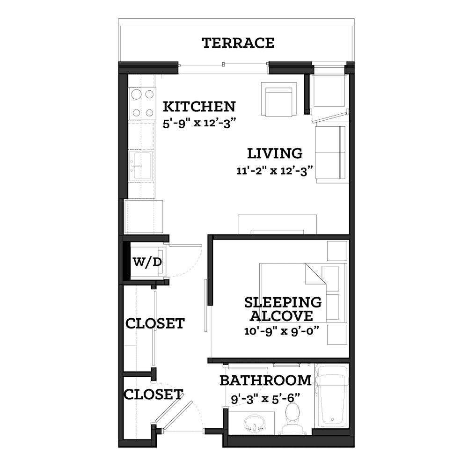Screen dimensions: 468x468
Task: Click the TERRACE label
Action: point(238,43)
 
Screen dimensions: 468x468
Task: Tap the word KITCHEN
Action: point(199,107)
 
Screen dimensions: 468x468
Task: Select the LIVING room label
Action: point(275,154)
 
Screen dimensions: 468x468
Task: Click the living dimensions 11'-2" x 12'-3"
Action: point(274,171)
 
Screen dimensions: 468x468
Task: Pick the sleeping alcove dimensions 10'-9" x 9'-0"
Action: point(282,331)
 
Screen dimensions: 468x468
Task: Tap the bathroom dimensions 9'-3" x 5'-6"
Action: point(265,398)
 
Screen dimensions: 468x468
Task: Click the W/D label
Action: point(147,262)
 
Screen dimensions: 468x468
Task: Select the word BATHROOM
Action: point(265,380)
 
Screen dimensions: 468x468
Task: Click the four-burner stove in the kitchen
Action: point(142,103)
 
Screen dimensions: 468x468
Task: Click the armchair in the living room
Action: point(279,99)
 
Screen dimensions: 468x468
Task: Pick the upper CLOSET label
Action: point(155,323)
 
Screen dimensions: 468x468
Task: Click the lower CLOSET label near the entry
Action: point(153,395)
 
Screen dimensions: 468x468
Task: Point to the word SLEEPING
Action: point(283,302)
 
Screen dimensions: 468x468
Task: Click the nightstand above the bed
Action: point(337,251)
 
